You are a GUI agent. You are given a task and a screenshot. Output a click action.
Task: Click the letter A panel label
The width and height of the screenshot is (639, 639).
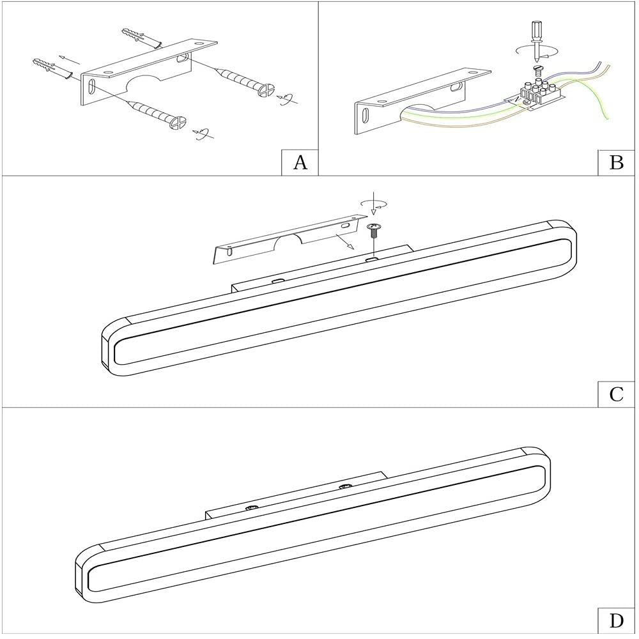[x=300, y=163]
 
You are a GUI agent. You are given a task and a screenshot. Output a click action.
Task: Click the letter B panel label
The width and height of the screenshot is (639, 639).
[x=616, y=163]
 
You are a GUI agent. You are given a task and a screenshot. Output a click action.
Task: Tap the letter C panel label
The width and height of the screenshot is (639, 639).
[x=616, y=394]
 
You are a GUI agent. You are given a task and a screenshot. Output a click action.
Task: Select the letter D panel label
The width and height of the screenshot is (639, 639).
[x=616, y=621]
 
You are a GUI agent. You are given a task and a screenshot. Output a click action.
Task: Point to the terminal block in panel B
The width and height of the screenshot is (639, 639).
[x=539, y=94]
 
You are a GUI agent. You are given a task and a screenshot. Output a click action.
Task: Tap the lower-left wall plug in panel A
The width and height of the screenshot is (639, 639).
[x=52, y=68]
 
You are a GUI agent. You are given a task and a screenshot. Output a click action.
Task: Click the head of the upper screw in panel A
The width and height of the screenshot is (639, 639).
[x=266, y=90]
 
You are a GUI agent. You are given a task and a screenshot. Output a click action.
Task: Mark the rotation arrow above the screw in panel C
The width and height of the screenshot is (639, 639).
[x=373, y=203]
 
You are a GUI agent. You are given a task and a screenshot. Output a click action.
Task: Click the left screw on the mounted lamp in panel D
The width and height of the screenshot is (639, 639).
[x=250, y=508]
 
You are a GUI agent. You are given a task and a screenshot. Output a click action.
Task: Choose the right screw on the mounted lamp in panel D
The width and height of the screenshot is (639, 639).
[x=346, y=486]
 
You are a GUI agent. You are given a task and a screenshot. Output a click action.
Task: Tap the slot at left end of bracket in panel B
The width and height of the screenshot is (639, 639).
[x=365, y=114]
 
